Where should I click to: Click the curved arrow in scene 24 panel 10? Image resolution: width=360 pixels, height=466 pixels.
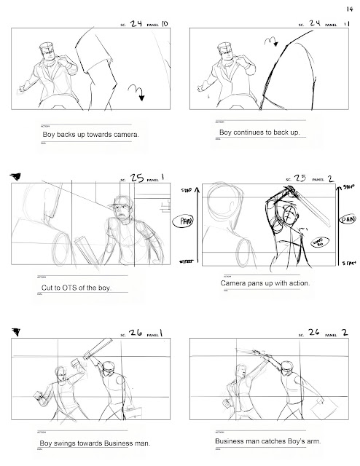[x=136, y=92]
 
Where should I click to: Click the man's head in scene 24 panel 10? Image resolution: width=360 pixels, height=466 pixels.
[x=47, y=53]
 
